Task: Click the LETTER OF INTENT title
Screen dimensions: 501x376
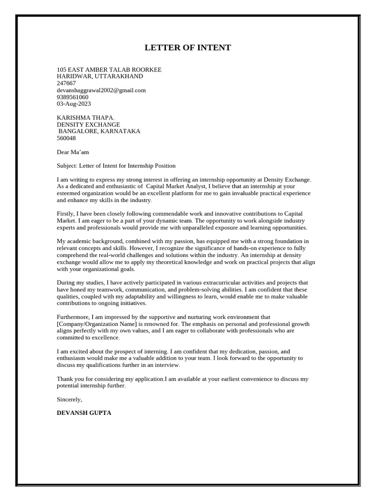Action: click(188, 47)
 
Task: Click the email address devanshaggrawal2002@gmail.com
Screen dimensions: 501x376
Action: click(101, 90)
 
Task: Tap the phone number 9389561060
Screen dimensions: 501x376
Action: click(72, 97)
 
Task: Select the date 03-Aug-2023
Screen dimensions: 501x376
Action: click(74, 104)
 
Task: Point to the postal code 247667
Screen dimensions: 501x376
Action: click(66, 83)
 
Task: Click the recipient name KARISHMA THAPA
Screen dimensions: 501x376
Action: click(86, 118)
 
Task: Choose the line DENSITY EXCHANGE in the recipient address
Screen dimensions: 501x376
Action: click(88, 125)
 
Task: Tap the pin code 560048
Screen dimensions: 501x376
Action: click(66, 138)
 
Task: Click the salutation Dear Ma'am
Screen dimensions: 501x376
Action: click(73, 152)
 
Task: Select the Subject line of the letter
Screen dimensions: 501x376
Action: click(116, 166)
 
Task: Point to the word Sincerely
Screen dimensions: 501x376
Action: click(70, 399)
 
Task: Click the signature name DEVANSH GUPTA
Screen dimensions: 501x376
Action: click(84, 413)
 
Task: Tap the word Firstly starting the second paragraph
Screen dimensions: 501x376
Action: click(67, 214)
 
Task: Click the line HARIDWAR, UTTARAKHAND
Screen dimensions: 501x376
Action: click(100, 76)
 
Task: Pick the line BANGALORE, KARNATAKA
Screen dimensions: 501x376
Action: click(99, 131)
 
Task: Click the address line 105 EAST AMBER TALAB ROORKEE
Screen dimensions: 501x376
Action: click(109, 69)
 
